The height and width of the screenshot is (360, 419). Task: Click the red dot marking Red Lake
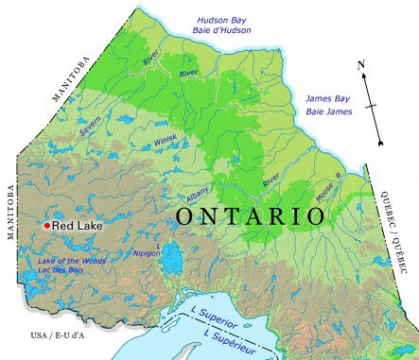(x=46, y=226)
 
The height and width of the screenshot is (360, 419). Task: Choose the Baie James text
(x=327, y=111)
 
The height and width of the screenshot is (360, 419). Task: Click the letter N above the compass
(x=361, y=64)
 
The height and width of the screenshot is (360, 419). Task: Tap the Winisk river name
(x=166, y=143)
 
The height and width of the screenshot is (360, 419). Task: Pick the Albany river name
(x=198, y=190)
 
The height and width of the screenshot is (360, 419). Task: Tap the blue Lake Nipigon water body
(x=172, y=254)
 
